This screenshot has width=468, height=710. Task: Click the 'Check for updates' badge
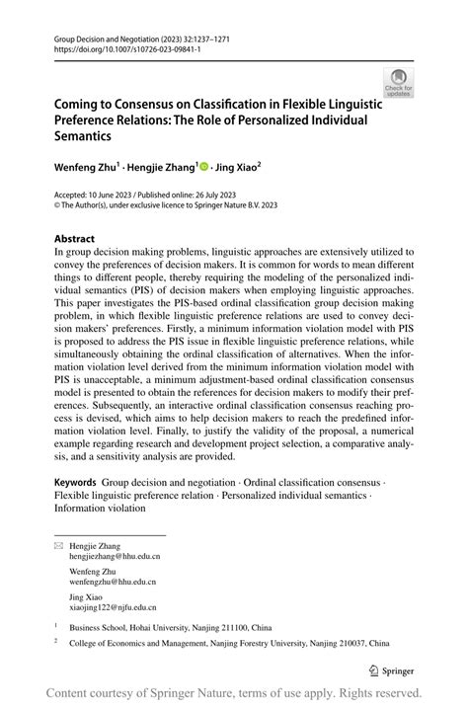[x=398, y=82]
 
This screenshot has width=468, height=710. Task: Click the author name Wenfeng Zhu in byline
[x=86, y=169]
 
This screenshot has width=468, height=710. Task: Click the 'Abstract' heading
[x=74, y=239]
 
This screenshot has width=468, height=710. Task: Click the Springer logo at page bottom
[x=390, y=670]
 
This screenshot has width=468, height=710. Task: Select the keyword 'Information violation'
[x=100, y=509]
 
